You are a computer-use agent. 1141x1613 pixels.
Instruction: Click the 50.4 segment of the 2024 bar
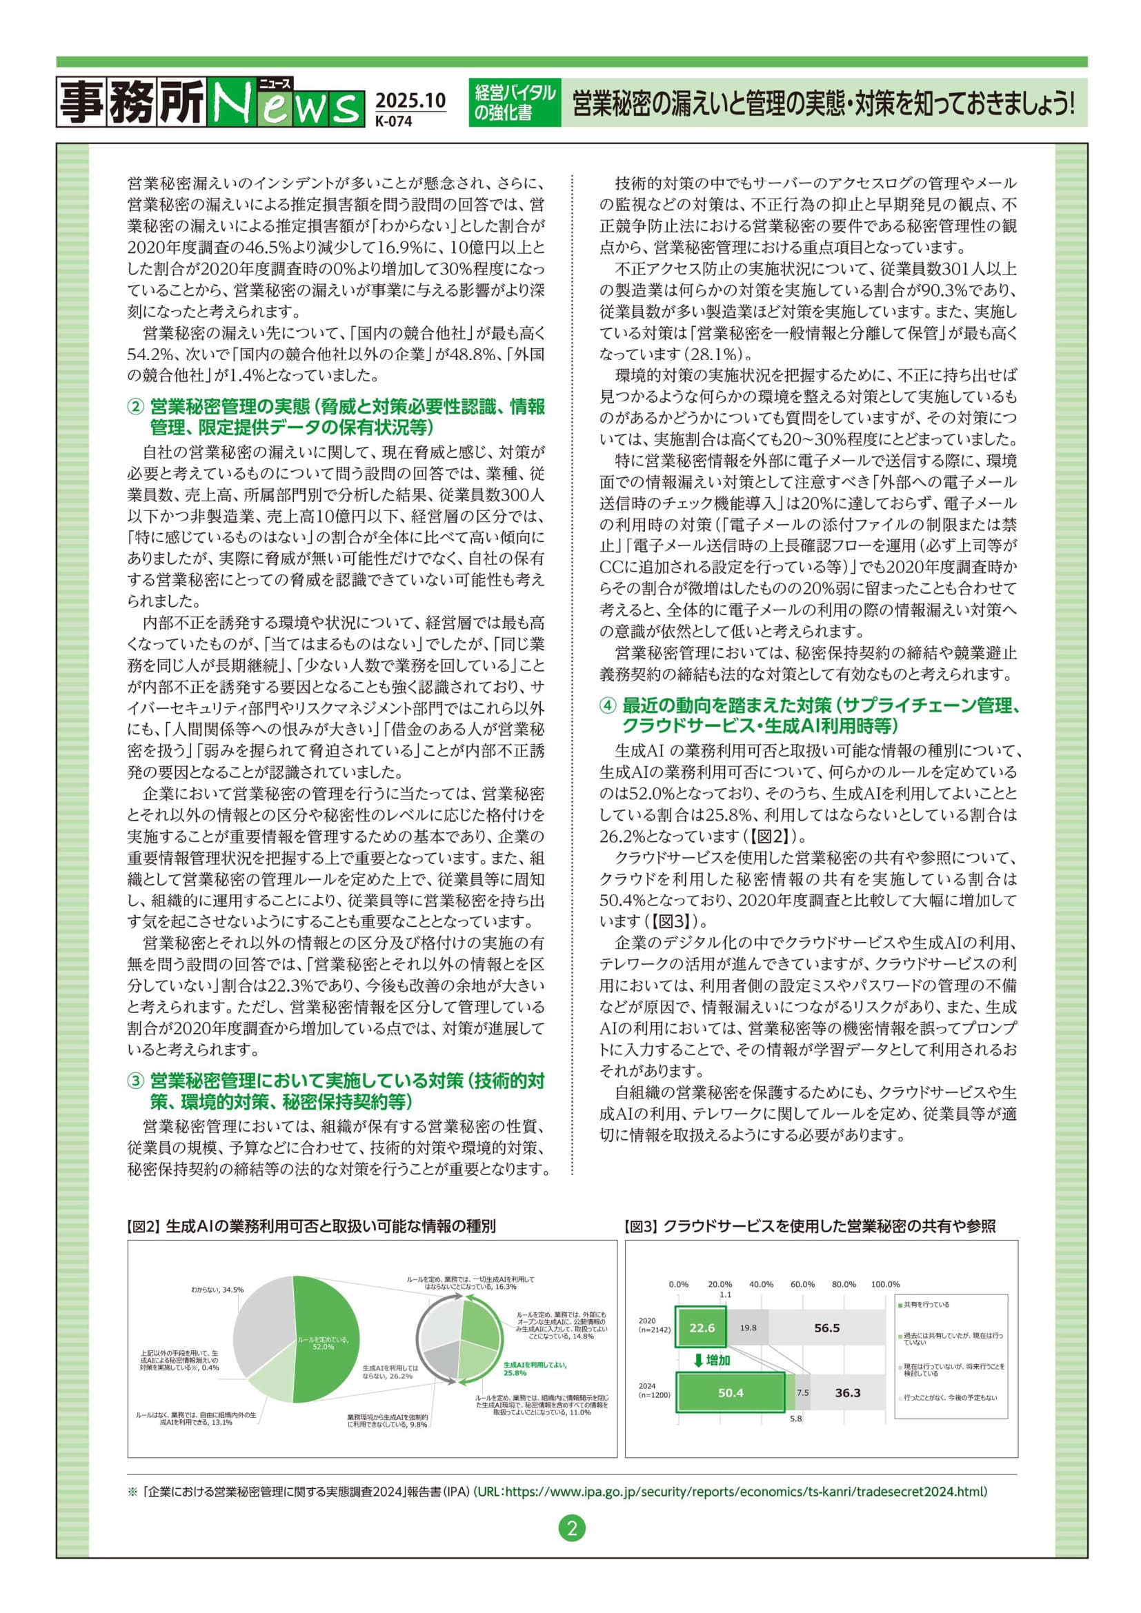[730, 1392]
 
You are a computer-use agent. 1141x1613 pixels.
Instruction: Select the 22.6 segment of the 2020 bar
[701, 1328]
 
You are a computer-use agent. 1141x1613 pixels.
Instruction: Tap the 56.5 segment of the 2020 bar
[826, 1328]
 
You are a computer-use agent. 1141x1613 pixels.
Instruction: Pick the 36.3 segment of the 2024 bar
[847, 1392]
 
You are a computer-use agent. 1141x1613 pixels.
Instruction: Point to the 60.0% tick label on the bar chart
[802, 1284]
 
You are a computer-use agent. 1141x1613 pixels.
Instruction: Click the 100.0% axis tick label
[884, 1284]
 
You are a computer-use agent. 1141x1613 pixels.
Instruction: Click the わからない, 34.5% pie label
[217, 1290]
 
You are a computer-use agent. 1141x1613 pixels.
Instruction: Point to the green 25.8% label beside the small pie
[535, 1368]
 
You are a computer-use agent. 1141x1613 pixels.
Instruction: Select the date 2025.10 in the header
[410, 101]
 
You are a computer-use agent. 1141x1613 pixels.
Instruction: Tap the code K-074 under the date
[393, 120]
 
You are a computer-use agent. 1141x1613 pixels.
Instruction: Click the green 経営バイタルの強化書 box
[515, 103]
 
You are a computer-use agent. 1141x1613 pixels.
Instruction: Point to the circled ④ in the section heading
[608, 706]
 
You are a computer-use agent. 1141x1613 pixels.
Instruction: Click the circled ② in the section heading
[137, 407]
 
